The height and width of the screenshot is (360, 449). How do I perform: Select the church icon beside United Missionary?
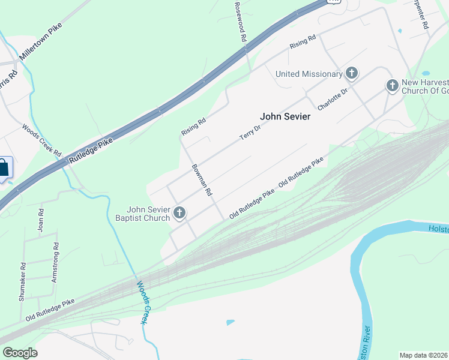pyautogui.click(x=352, y=74)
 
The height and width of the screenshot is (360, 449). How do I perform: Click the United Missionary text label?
pyautogui.click(x=309, y=74)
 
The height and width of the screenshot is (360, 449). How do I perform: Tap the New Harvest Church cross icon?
pyautogui.click(x=392, y=86)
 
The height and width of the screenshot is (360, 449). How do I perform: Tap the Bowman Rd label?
pyautogui.click(x=202, y=180)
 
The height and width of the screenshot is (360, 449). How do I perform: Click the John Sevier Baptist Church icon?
pyautogui.click(x=179, y=213)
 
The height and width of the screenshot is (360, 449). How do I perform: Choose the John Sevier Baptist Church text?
pyautogui.click(x=143, y=214)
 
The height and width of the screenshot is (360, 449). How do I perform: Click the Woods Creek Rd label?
pyautogui.click(x=42, y=140)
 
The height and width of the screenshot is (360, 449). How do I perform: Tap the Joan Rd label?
pyautogui.click(x=41, y=220)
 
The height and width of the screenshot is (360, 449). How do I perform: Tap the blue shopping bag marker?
pyautogui.click(x=3, y=168)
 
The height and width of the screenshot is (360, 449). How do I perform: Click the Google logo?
pyautogui.click(x=20, y=352)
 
